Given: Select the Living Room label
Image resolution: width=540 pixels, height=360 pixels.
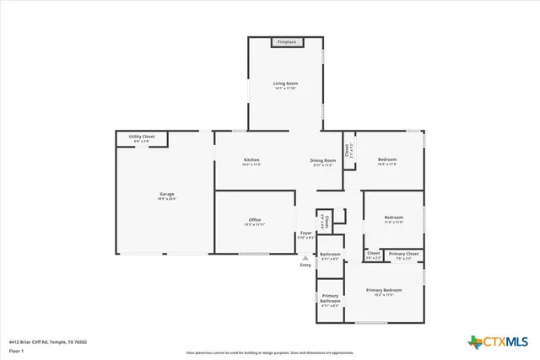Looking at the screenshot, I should point(285,83).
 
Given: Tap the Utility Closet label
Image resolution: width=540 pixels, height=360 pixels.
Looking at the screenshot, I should point(142,137).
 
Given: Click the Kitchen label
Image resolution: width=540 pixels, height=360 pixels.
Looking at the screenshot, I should point(251,160).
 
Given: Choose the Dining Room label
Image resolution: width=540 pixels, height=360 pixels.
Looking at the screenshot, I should point(323,160).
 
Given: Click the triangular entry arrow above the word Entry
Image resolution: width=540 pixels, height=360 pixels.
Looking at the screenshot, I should point(305,258).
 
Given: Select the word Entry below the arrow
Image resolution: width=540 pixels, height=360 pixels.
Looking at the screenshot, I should point(305,266).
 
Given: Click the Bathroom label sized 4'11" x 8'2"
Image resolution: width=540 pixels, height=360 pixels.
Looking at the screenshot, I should point(330,254).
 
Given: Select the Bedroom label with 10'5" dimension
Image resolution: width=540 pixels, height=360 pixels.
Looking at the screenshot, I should point(387,160).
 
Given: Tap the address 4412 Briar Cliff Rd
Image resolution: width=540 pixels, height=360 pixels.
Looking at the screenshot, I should point(48,341).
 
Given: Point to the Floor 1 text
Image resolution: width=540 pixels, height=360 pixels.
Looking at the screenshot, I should point(16,350).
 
